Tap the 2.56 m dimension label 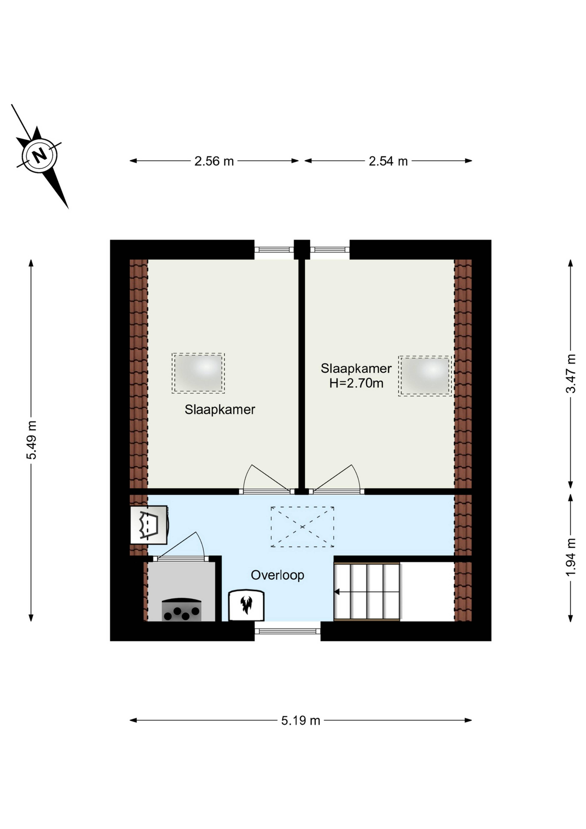(214, 161)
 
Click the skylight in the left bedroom (198, 373)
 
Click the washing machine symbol (149, 525)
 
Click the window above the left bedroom (274, 249)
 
